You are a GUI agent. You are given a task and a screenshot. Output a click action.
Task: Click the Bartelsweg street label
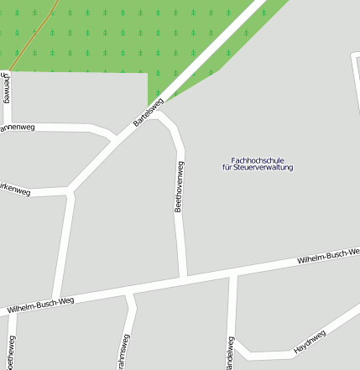(149, 113)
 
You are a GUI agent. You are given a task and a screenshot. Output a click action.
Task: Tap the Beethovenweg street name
(178, 186)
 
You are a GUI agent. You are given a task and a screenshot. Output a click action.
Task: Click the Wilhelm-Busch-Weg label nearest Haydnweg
(328, 257)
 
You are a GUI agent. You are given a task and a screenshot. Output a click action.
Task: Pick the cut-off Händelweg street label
(229, 352)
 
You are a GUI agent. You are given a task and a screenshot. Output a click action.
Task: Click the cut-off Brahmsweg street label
(125, 352)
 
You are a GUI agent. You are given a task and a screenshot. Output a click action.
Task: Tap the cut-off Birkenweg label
(14, 190)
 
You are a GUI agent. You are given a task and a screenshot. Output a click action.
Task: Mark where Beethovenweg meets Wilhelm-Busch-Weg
(184, 277)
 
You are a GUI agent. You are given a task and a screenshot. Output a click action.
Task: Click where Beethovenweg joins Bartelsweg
(159, 111)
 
